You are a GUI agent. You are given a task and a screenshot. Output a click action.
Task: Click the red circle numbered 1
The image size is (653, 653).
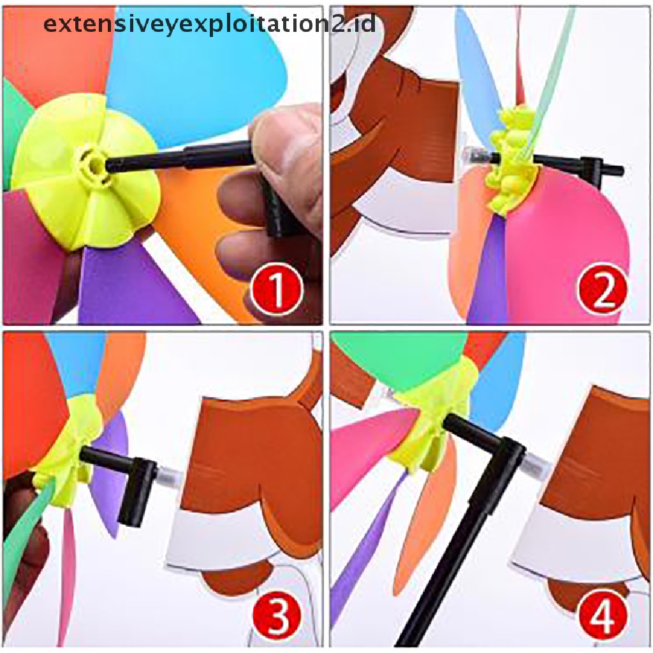(276, 290)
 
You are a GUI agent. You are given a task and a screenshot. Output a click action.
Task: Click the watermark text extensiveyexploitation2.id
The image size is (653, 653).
(209, 24)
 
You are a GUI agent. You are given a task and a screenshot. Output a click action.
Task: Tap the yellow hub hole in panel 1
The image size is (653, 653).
(95, 165)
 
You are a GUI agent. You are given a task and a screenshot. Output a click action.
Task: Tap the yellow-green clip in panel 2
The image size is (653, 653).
(510, 160)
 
